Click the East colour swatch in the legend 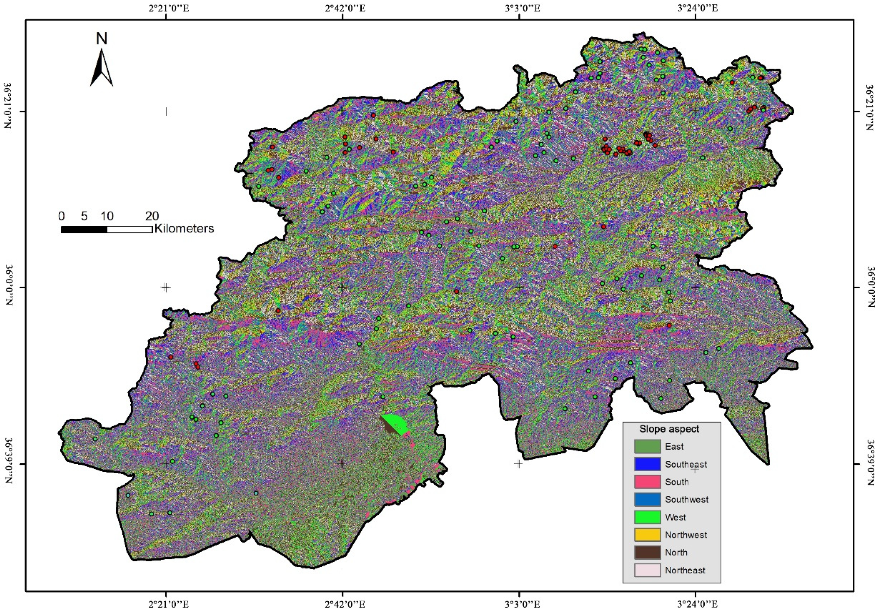tap(647, 446)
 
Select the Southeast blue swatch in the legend tap(647, 464)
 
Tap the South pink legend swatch tap(647, 482)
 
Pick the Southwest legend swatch tap(647, 499)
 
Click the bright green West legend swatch tap(647, 517)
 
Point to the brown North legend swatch tap(647, 552)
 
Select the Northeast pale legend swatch tap(647, 570)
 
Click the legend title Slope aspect tap(669, 429)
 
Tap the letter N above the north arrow tap(102, 39)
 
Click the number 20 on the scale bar tap(152, 216)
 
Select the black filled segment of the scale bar tap(84, 229)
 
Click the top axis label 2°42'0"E tap(345, 8)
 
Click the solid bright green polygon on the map tap(397, 424)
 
